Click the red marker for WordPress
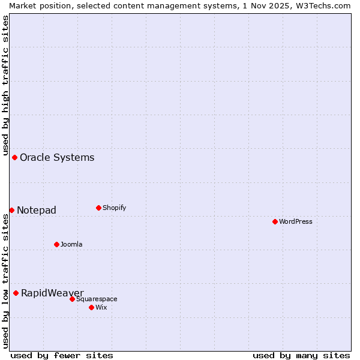275,221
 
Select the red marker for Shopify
98,208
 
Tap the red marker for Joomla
56,244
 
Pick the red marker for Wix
91,307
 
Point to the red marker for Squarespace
72,299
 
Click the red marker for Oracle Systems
14,157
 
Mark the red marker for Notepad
11,210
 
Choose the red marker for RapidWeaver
16,293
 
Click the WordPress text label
296,221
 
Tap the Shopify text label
114,208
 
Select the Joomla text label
71,244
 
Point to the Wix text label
101,307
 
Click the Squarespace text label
97,299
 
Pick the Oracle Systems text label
57,158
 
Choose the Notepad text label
37,210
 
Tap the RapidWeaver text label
52,293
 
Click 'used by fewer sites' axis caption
62,355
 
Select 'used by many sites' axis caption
301,355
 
